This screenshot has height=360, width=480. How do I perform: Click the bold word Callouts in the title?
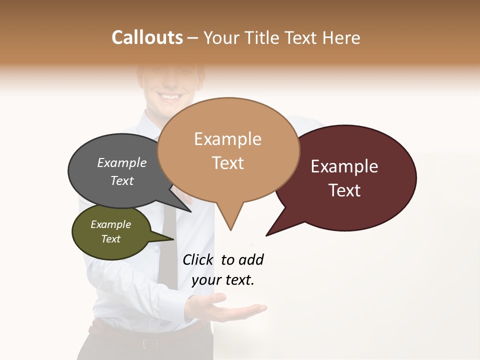147,37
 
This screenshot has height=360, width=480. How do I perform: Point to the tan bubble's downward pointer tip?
230,229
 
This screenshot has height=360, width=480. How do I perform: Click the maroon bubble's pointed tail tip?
266,235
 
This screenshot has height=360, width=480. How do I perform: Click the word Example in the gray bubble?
122,163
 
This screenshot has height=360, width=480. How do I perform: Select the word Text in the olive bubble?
111,239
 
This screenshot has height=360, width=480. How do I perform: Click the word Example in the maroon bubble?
344,166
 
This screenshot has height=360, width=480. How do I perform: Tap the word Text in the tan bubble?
228,163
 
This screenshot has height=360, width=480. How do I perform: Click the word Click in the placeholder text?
198,259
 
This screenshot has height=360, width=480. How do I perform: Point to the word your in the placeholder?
206,280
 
